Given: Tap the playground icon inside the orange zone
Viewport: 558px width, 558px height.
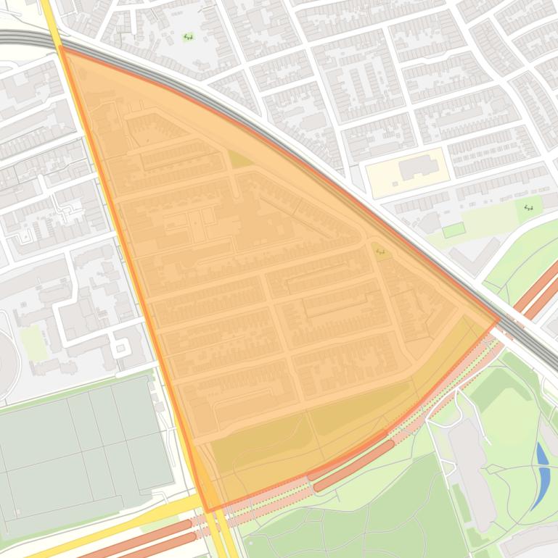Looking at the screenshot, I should tap(380, 251).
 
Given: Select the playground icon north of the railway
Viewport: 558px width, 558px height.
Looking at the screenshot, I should tap(188, 36).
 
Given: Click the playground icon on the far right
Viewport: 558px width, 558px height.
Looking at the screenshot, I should tap(529, 208).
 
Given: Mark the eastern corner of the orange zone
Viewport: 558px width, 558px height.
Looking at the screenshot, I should tap(499, 319).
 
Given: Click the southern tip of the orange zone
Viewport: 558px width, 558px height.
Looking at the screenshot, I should tap(208, 512).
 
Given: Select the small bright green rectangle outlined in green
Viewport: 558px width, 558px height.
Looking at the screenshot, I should tap(454, 230).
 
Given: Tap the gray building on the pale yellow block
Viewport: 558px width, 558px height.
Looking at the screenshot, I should tap(418, 167).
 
